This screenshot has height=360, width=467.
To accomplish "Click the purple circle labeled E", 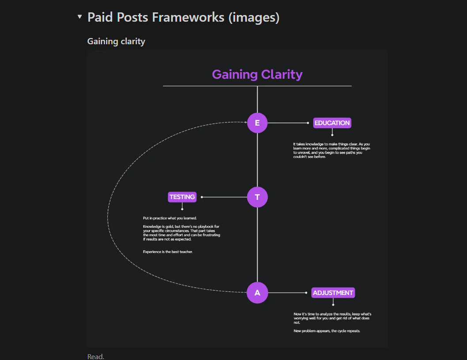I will (x=257, y=123).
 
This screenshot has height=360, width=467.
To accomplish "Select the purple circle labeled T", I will (x=257, y=197).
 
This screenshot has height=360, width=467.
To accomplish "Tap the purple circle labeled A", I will (x=257, y=293).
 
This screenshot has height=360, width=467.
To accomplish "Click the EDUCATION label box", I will (x=332, y=123).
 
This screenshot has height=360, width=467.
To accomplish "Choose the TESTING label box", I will (x=182, y=197).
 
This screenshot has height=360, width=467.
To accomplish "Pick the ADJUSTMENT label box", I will (x=333, y=293).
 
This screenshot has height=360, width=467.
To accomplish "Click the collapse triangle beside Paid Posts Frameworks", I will (x=80, y=17).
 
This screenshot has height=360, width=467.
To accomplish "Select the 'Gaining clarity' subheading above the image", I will (x=116, y=41).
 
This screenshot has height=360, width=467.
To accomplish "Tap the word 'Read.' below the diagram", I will (x=96, y=356).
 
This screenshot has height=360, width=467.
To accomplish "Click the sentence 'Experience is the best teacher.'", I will (x=168, y=252).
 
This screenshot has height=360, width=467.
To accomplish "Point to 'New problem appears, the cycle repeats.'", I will (x=327, y=331).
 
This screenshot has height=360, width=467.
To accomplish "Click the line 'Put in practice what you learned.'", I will (x=170, y=218).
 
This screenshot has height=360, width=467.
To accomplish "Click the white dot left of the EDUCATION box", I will (x=308, y=123).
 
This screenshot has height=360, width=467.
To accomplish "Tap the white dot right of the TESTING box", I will (x=202, y=197).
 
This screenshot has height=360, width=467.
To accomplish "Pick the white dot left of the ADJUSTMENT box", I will (x=306, y=293).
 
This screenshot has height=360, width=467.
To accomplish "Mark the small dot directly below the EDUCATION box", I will (x=332, y=135).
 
